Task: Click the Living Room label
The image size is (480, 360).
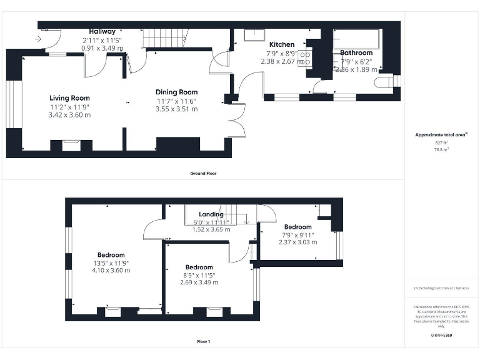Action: click(x=69, y=98)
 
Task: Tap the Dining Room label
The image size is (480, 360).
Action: click(x=176, y=92)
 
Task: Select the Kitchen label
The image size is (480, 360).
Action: click(x=282, y=45)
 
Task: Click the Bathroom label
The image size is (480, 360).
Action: click(x=356, y=53)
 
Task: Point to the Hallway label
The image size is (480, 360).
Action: click(x=102, y=31)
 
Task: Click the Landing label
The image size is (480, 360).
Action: click(x=211, y=214)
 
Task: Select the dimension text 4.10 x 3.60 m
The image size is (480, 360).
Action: click(x=111, y=271)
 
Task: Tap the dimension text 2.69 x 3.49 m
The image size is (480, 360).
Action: click(x=199, y=282)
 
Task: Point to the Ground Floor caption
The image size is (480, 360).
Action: click(x=204, y=173)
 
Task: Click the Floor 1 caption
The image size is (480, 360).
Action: click(x=204, y=342)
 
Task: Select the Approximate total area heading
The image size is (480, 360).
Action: click(x=441, y=135)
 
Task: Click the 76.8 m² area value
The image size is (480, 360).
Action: click(x=442, y=150)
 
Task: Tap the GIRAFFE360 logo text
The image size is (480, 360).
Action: click(x=441, y=336)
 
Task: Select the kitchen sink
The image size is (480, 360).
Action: click(x=254, y=34)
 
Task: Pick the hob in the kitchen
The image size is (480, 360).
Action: click(x=306, y=59)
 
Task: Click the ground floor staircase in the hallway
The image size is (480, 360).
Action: click(x=166, y=39)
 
